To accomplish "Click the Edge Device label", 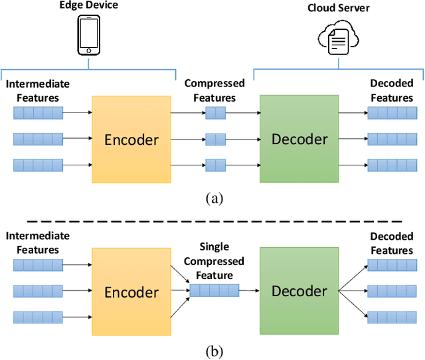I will (89, 7).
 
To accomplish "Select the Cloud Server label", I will (339, 8).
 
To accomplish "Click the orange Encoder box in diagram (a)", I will (131, 139).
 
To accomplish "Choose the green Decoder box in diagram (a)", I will (299, 139).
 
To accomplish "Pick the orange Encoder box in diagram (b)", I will (131, 292).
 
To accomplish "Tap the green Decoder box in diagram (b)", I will (299, 291).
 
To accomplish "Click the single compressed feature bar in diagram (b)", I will (213, 290).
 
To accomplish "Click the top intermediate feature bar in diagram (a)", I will (39, 114).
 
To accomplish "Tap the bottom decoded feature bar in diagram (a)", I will (392, 165).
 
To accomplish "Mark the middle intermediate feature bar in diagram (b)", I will (39, 291).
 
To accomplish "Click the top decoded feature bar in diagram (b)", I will (392, 266).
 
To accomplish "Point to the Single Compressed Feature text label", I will (214, 261).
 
